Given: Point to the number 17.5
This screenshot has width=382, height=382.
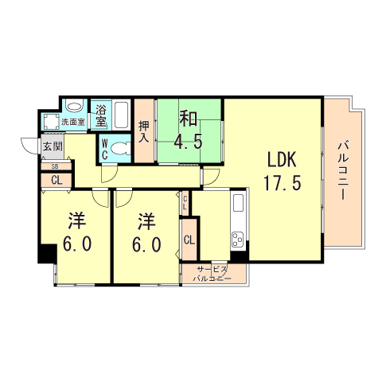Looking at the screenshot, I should click(283, 182).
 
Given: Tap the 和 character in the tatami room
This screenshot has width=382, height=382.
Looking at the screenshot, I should click(188, 119).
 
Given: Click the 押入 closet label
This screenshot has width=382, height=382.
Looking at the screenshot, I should click(144, 131).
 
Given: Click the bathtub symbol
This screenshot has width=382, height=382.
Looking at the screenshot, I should click(123, 116).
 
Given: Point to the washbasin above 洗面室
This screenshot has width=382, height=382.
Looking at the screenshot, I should click(75, 107).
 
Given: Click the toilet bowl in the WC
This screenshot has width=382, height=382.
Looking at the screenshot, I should click(119, 148).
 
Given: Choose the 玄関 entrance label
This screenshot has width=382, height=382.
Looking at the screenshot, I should click(53, 146).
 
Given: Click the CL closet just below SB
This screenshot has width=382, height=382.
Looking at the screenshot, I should click(56, 180).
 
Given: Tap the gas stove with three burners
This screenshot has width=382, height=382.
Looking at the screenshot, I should click(239, 239).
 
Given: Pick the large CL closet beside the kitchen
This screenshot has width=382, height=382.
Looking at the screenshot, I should click(189, 240).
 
